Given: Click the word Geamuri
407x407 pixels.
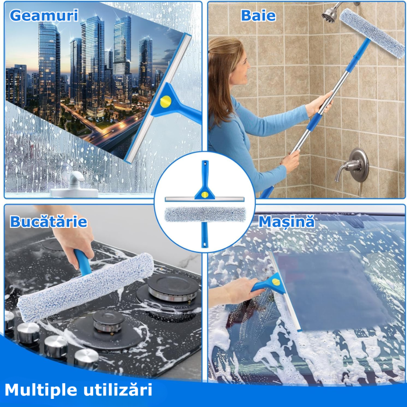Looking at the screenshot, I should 43,15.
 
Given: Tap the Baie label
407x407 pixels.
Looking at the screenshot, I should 258,16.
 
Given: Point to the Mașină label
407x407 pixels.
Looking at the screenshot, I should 286,222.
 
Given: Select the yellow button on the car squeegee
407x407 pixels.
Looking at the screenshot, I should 276,283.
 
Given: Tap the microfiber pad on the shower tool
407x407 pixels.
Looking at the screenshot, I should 372,32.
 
